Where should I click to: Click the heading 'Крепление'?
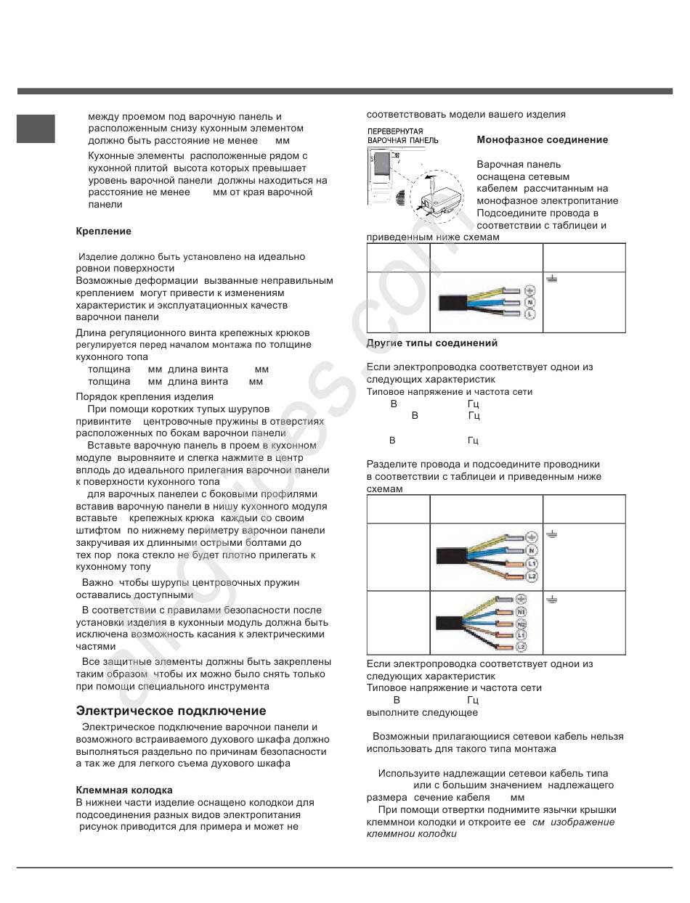tap(104, 232)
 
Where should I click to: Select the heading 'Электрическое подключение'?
tap(171, 711)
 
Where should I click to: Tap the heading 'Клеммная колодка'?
tap(124, 790)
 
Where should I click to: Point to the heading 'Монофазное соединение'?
tap(542, 140)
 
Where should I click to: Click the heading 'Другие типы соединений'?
tap(432, 343)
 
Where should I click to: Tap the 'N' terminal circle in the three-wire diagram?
tap(529, 301)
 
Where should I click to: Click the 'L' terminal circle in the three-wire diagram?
tap(529, 314)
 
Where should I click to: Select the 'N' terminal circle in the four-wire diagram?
tap(532, 551)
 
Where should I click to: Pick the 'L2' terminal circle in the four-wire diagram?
tap(532, 576)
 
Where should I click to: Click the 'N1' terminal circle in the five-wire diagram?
tap(521, 613)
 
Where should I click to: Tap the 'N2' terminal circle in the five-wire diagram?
tap(521, 624)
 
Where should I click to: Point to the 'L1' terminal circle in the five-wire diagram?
tap(521, 635)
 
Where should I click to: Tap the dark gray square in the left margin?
tap(36, 128)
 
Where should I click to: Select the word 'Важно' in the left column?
tap(97, 583)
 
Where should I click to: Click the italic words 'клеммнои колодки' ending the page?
tap(412, 834)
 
